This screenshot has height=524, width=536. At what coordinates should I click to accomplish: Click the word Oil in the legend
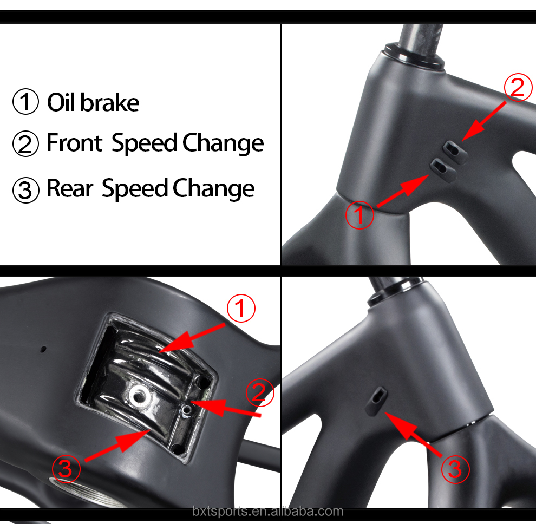click(62, 102)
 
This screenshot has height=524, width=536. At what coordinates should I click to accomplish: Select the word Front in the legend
click(74, 143)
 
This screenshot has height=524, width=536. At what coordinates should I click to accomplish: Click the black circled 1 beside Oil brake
click(25, 103)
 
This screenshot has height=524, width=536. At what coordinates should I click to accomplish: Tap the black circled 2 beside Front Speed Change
click(25, 145)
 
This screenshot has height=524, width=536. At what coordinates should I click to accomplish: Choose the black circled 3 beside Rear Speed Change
click(25, 189)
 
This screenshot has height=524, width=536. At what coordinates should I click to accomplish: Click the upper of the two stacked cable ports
click(453, 147)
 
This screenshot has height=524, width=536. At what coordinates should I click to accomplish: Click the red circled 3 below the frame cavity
click(66, 468)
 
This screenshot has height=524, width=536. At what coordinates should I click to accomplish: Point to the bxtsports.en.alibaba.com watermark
click(267, 511)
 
